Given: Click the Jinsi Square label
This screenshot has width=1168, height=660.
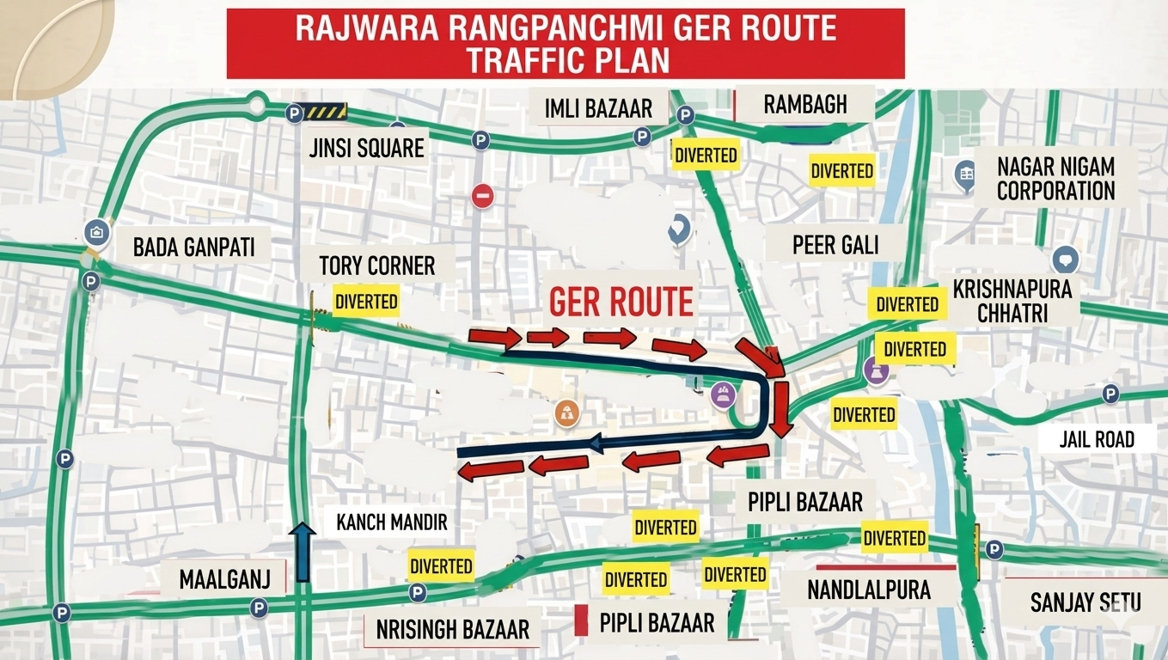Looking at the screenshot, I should pyautogui.click(x=367, y=148).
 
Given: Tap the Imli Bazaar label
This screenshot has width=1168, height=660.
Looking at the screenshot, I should pyautogui.click(x=598, y=108).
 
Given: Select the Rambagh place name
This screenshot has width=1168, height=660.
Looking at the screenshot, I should pyautogui.click(x=805, y=105).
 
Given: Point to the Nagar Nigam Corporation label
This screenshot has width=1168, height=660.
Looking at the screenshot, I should pyautogui.click(x=1055, y=178).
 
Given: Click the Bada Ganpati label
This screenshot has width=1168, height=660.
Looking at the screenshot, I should pyautogui.click(x=194, y=247).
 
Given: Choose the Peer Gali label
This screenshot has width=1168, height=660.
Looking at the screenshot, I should pyautogui.click(x=835, y=245).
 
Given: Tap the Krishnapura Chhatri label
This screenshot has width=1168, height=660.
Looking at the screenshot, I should pyautogui.click(x=1012, y=300).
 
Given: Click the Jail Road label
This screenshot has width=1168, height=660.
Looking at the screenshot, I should pyautogui.click(x=1097, y=439).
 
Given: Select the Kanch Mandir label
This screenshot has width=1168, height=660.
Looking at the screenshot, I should pyautogui.click(x=392, y=522).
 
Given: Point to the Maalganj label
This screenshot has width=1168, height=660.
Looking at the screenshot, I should pyautogui.click(x=224, y=578).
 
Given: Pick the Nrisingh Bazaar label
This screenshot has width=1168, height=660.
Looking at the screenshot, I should pyautogui.click(x=453, y=629).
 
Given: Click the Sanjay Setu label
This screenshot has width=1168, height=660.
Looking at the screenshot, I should pyautogui.click(x=1085, y=602).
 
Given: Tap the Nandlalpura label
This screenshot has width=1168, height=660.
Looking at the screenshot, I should pyautogui.click(x=869, y=590).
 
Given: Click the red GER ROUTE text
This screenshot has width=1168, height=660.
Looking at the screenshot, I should pyautogui.click(x=621, y=302).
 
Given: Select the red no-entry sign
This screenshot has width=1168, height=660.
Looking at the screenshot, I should pyautogui.click(x=483, y=196).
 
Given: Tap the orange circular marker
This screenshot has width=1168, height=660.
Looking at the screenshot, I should pyautogui.click(x=567, y=412).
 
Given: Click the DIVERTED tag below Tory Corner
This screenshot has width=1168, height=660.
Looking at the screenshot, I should pyautogui.click(x=366, y=302).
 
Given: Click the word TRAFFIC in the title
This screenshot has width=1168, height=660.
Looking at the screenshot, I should pyautogui.click(x=535, y=61).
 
